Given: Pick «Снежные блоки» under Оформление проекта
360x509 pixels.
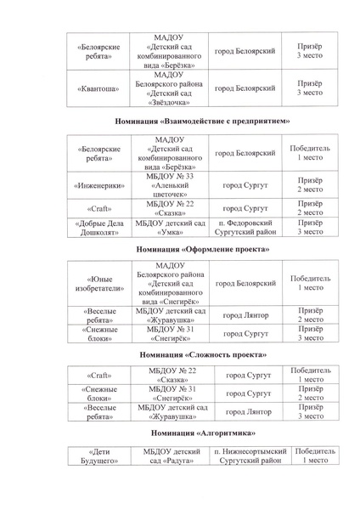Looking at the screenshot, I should pos(96,333).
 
